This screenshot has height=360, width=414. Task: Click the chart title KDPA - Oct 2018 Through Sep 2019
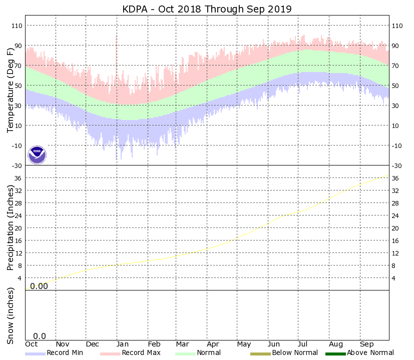point(207,9)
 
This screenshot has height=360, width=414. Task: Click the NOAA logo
point(37,155)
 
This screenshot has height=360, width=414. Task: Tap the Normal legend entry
point(198,353)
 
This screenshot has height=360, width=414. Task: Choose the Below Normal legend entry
point(284,353)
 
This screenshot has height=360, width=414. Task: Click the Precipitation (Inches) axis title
point(11,227)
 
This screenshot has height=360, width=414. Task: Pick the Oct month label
point(32,344)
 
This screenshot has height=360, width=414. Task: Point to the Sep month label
point(367,344)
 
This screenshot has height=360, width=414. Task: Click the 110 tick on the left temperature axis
point(17,25)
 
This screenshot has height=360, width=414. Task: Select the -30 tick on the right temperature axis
point(396,165)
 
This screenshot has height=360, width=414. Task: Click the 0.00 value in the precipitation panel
point(39,286)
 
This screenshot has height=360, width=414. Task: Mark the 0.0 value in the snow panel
point(40,336)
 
